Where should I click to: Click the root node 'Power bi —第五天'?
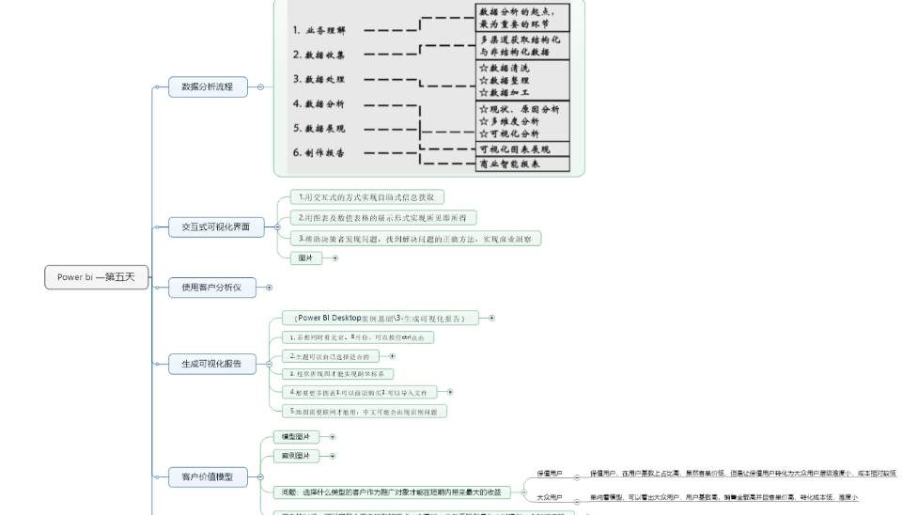coord(96,277)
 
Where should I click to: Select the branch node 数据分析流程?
coord(208,86)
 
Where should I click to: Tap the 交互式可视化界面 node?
coord(216,226)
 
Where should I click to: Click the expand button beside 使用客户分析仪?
coord(270,288)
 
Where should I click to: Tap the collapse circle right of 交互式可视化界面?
coord(277,226)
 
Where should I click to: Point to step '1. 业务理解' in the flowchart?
coord(325,30)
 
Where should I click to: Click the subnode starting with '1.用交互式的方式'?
coord(365,197)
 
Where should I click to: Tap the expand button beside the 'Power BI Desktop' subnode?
coord(491,318)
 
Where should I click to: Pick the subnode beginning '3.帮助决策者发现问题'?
coord(413,239)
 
